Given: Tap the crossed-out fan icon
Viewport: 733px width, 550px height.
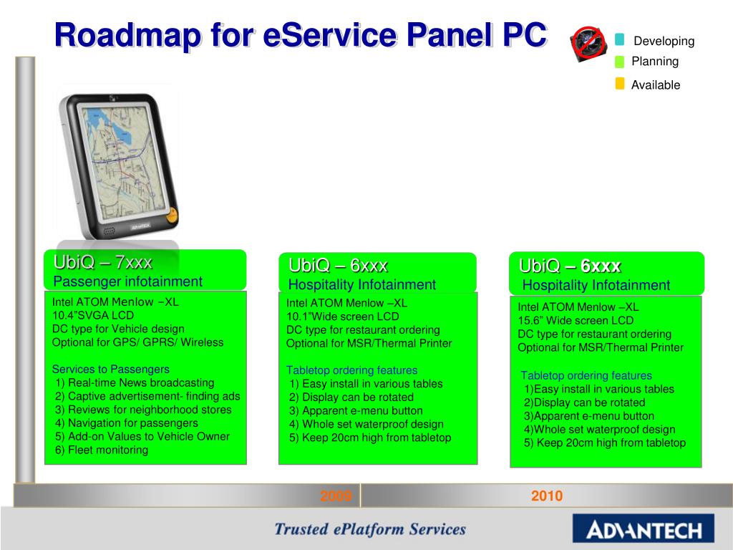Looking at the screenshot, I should coord(589,44).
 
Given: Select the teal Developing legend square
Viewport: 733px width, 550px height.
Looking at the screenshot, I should coord(619,39).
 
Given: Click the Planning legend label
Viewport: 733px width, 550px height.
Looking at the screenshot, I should coord(654,62).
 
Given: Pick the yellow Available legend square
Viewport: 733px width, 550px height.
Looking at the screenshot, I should coord(620,84).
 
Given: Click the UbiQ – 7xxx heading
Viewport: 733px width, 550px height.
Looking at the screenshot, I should coord(102,262).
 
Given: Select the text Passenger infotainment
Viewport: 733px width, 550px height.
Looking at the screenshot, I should coord(128,281).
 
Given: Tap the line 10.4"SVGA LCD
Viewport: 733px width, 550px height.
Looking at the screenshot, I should coord(93,315).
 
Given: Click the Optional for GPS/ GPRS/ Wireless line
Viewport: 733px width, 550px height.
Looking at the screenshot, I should coord(137,342).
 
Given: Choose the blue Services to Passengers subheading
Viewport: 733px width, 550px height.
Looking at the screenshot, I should coord(111,370).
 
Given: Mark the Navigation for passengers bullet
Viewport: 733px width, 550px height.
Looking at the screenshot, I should coord(127,423).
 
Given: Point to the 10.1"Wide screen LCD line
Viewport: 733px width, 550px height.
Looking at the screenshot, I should coord(343,317).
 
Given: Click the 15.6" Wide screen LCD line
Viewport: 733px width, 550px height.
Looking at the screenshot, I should coord(576,321).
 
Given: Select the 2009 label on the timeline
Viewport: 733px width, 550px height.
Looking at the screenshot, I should coord(335,496).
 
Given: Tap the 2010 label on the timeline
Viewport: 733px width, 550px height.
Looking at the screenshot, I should coord(547,496).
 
